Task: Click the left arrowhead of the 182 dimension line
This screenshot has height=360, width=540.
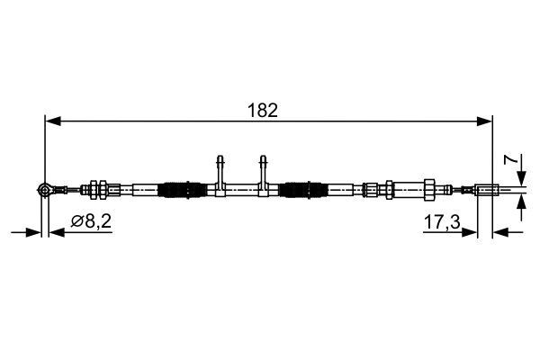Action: (x=51, y=119)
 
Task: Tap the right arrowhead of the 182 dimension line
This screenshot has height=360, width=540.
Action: (x=487, y=119)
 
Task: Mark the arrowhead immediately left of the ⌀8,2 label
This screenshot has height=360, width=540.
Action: (x=55, y=231)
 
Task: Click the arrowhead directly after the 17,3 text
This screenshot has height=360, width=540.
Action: (x=471, y=231)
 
